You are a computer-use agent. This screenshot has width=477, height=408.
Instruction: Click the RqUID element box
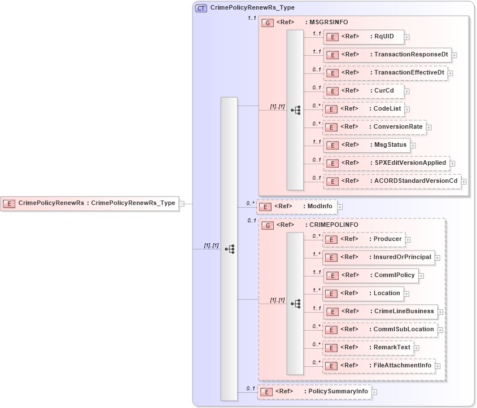click(364, 37)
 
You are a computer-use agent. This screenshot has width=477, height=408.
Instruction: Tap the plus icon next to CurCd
click(407, 91)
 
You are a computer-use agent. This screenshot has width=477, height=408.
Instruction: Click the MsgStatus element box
click(366, 145)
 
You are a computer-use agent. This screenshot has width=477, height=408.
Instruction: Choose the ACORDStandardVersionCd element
click(392, 181)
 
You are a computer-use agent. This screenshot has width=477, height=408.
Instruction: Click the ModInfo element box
click(297, 207)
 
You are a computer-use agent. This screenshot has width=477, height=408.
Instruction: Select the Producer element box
click(364, 239)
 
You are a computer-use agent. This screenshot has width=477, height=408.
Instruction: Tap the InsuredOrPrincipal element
click(378, 257)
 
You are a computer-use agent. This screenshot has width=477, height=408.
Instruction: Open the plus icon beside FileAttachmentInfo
click(438, 366)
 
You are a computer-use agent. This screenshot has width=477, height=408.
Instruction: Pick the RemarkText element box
click(367, 348)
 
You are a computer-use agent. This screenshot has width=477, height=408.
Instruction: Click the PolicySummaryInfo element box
click(314, 392)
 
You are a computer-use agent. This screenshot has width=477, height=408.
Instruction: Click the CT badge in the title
click(200, 8)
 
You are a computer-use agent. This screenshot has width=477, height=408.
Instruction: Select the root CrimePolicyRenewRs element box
click(90, 203)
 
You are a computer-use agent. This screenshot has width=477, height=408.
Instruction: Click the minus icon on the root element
click(182, 203)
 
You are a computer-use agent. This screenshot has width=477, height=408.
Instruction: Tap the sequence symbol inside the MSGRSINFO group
click(295, 110)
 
